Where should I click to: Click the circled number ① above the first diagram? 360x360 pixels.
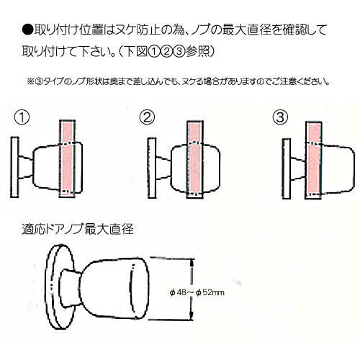22,118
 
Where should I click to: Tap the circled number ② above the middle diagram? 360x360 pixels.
147,117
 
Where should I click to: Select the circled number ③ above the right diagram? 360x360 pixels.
280,117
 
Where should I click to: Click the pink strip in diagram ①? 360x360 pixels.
67,158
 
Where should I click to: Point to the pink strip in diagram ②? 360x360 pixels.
195,160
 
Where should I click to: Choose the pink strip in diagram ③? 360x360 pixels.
314,161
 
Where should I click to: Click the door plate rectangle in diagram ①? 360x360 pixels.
14,167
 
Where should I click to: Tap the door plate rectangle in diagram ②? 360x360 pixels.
152,168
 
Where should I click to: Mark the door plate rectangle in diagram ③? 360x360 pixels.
287,168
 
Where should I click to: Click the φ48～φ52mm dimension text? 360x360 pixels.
197,293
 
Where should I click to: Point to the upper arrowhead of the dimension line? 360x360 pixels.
192,264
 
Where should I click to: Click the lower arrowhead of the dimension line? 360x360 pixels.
192,315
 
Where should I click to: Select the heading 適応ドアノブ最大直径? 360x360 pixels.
78,229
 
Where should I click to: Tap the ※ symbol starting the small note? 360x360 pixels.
31,82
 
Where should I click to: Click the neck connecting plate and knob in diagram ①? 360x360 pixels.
25,167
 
